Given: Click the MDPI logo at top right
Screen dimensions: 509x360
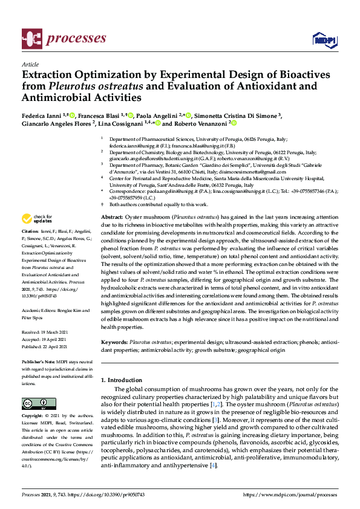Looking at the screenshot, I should pyautogui.click(x=324, y=40).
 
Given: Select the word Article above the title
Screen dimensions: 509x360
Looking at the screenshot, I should pyautogui.click(x=30, y=63).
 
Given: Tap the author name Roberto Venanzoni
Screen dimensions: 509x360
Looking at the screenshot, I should pyautogui.click(x=196, y=123).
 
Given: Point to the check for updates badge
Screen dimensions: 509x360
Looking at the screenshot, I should pyautogui.click(x=37, y=218).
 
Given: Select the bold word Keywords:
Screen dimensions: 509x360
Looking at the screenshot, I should pyautogui.click(x=114, y=342).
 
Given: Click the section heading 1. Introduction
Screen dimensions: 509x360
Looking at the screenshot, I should pyautogui.click(x=121, y=380).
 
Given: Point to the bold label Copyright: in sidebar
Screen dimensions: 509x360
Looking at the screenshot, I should pyautogui.click(x=34, y=417).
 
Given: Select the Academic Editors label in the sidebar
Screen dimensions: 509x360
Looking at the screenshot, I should pyautogui.click(x=39, y=310).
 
